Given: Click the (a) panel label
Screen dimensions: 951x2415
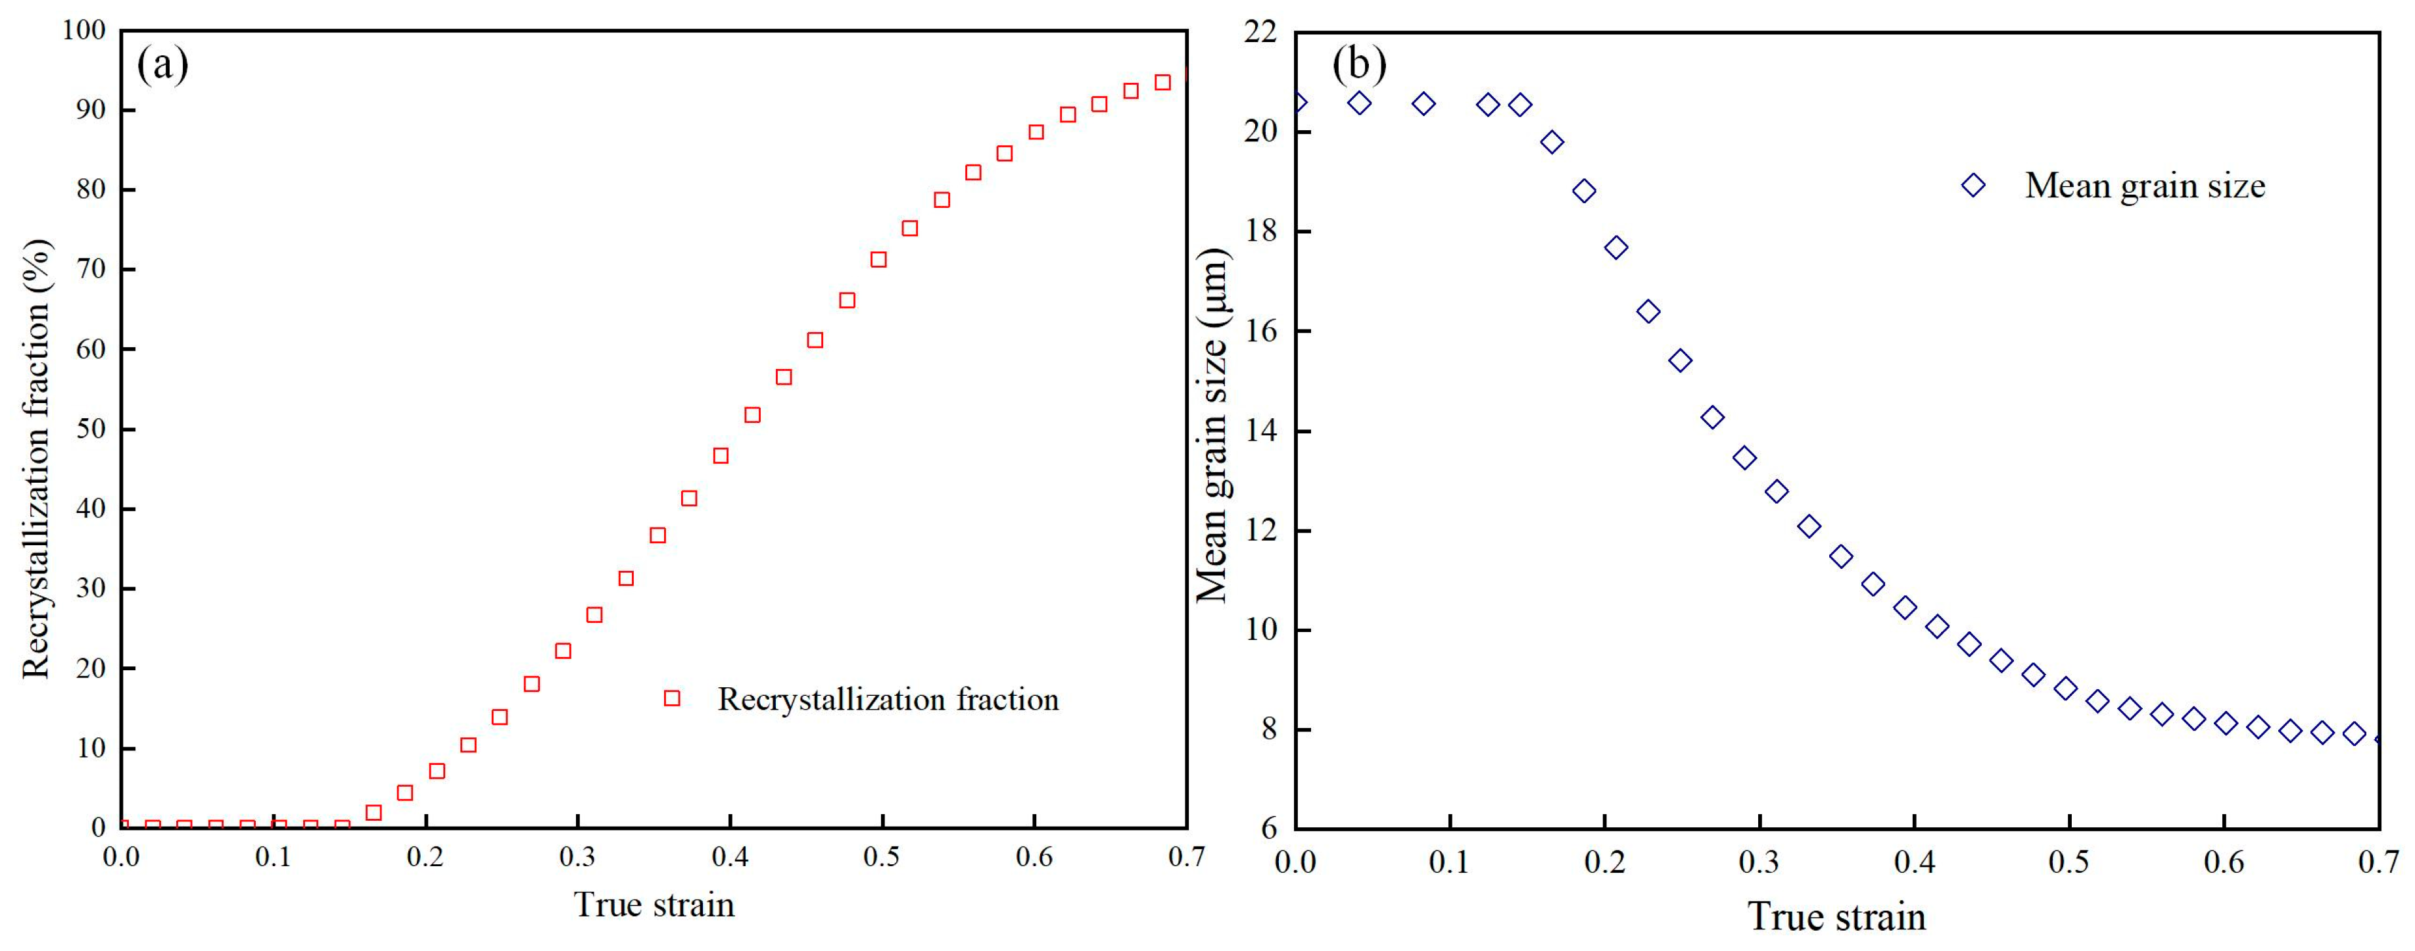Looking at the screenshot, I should coord(163,66).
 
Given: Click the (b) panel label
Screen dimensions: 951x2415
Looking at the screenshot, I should coord(1359,64).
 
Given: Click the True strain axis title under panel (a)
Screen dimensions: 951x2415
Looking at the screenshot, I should coord(654,905).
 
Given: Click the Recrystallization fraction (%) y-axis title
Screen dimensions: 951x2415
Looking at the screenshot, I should coord(37,460).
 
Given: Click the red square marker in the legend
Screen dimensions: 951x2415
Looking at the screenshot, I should coord(671,698).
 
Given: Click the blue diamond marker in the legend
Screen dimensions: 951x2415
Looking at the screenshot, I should coord(1973,185).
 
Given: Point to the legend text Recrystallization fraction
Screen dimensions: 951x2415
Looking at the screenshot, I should coord(888,700).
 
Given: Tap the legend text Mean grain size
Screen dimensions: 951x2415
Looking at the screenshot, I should coord(2145,185).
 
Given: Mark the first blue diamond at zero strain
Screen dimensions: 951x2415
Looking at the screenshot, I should coord(1297,102).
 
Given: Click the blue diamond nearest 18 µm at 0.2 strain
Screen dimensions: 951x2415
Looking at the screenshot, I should coord(1616,247).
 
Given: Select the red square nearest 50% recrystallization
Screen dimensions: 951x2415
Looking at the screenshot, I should coord(752,414).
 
